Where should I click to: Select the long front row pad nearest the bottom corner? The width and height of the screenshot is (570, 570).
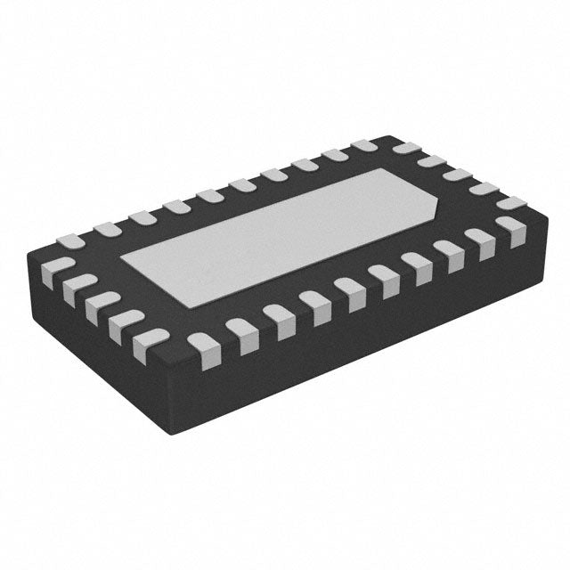202,345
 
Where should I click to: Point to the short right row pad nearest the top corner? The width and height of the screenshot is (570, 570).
404,149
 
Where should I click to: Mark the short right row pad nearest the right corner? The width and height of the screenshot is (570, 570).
510,204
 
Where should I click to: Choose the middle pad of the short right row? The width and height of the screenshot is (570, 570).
457,175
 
